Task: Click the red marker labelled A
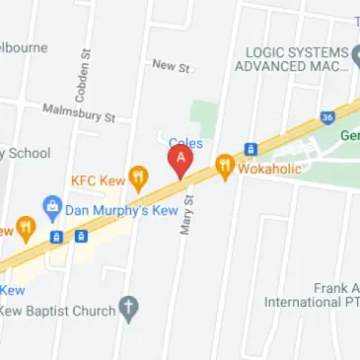point(180,160)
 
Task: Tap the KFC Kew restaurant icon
point(139,180)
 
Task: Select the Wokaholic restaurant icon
point(224,169)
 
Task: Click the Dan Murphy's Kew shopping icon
point(52,209)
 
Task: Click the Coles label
point(185,143)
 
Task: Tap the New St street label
point(171,65)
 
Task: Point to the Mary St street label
point(185,214)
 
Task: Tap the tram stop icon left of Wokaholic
point(251,149)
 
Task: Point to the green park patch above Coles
point(204,119)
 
